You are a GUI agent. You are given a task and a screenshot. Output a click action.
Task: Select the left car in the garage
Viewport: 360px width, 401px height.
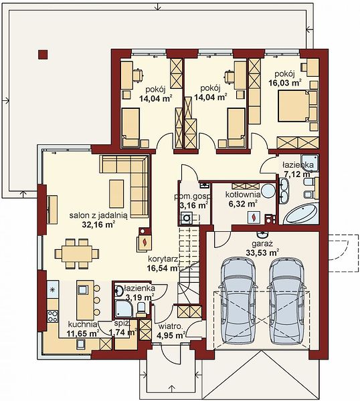(237, 301)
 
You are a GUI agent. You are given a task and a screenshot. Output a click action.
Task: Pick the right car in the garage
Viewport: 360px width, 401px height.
(286, 301)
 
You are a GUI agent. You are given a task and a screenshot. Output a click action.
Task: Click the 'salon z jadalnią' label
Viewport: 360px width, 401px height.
(98, 215)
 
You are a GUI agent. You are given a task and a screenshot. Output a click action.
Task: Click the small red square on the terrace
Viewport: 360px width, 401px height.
(43, 55)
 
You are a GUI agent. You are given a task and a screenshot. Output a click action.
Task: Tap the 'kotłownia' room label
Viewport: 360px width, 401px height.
(243, 194)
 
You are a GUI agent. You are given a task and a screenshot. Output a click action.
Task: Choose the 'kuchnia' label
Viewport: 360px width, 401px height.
(82, 325)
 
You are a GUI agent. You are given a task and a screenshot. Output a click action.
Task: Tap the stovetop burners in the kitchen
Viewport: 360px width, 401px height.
(53, 316)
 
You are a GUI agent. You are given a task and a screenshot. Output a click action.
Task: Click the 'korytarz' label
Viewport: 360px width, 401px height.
(163, 259)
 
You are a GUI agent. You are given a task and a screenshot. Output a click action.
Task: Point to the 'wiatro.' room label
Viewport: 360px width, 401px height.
(170, 327)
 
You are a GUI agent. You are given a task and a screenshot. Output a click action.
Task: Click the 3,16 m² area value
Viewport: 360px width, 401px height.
(193, 205)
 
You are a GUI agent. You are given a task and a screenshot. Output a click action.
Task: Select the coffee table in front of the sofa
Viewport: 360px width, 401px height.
(116, 194)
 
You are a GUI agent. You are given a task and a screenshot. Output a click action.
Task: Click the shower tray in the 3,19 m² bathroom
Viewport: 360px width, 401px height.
(123, 309)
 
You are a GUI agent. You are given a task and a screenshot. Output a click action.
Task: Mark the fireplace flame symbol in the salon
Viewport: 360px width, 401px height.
(145, 242)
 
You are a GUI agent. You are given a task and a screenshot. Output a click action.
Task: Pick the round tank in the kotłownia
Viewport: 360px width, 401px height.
(268, 190)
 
